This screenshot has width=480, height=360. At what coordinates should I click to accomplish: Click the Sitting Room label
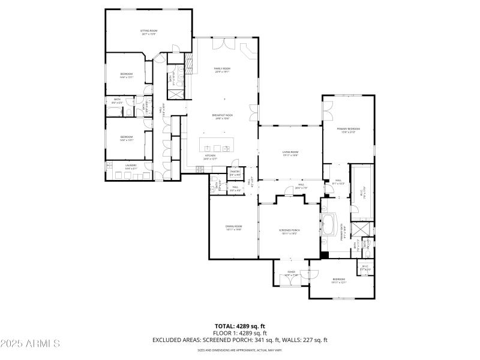tap(149, 32)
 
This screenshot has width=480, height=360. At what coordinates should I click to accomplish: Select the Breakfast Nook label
tap(223, 116)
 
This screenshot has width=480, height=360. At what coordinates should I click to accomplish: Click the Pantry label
tap(235, 173)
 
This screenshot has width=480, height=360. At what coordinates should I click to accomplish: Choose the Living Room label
tap(290, 154)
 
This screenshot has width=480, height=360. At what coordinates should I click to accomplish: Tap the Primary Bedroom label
tap(348, 130)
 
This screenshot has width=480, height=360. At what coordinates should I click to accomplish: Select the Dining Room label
tap(233, 227)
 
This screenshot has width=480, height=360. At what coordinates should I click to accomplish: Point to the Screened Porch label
tap(289, 232)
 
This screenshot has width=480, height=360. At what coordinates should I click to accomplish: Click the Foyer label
tap(292, 274)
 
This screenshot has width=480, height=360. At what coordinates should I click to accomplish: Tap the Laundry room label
tap(131, 167)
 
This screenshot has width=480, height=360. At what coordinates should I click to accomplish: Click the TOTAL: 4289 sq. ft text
tap(239, 326)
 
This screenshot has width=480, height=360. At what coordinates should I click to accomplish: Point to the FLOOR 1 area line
tap(239, 333)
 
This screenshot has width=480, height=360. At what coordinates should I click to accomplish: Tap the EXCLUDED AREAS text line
tap(239, 340)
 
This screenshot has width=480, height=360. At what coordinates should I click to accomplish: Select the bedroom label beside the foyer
tap(340, 281)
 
